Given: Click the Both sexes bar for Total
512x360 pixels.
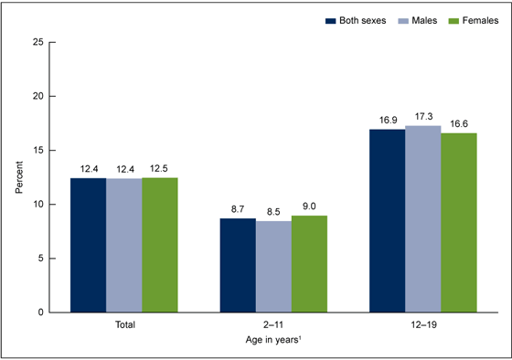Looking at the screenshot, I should [89, 245].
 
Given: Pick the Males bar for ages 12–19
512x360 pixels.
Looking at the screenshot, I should [423, 218].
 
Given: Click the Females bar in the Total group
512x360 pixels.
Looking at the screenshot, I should [159, 245].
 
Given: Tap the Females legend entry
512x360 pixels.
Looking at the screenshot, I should [476, 19].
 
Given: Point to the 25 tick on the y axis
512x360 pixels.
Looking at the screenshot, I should [37, 42].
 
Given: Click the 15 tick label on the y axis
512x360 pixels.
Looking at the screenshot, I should [37, 151].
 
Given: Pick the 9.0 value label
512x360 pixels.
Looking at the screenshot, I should [309, 207].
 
